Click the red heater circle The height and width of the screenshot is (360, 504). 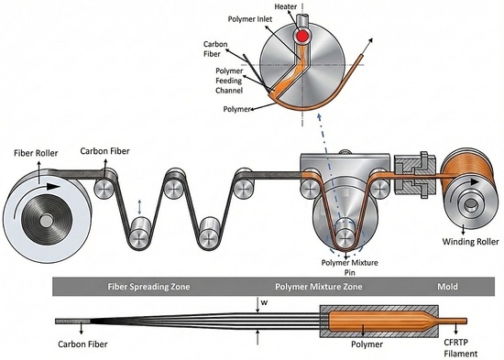pyautogui.click(x=302, y=36)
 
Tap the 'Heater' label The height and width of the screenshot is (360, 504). pyautogui.click(x=286, y=6)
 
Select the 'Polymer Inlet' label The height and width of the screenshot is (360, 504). pyautogui.click(x=250, y=19)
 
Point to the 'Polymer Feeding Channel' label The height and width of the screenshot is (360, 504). pyautogui.click(x=229, y=81)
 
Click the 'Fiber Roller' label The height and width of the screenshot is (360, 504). pyautogui.click(x=36, y=153)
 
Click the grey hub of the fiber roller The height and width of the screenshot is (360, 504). pyautogui.click(x=46, y=221)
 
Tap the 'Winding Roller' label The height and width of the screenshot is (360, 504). pyautogui.click(x=471, y=242)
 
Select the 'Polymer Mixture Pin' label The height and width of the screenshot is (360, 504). pyautogui.click(x=350, y=267)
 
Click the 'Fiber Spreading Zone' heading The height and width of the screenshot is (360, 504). pyautogui.click(x=148, y=287)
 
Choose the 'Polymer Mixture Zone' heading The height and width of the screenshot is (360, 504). pyautogui.click(x=319, y=287)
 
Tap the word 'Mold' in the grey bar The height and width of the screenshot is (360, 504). pyautogui.click(x=447, y=287)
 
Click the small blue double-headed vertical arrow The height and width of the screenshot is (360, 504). pyautogui.click(x=139, y=207)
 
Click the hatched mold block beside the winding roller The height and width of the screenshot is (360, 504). pyautogui.click(x=414, y=175)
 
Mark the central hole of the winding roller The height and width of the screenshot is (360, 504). pyautogui.click(x=471, y=204)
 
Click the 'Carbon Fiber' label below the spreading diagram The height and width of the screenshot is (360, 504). pyautogui.click(x=82, y=344)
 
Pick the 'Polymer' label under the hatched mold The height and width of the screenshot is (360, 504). pyautogui.click(x=367, y=344)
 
